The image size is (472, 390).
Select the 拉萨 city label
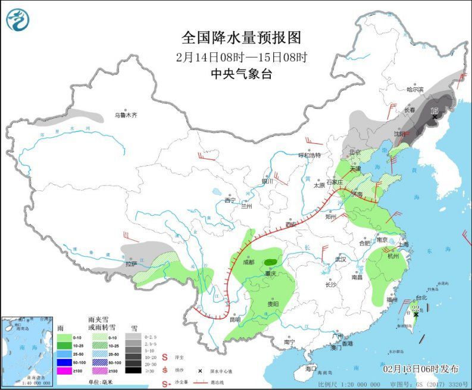coord(131,263)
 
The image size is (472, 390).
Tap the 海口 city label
coord(310,369)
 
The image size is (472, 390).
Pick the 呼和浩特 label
coord(310,155)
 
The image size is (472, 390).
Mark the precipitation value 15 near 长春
coord(434,111)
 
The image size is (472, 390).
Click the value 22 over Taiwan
coord(416,307)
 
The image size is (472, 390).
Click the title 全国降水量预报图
coord(241,38)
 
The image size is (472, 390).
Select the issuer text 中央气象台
coord(241,74)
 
